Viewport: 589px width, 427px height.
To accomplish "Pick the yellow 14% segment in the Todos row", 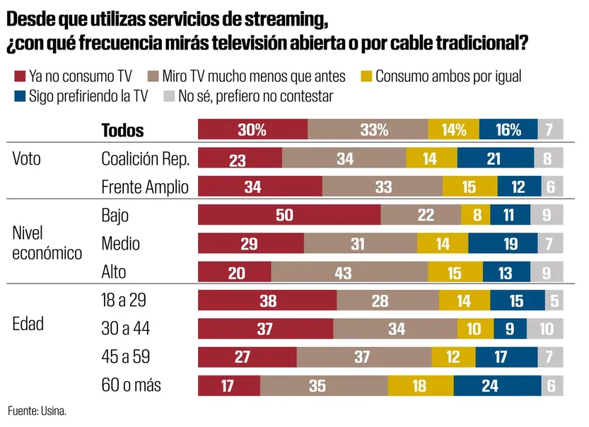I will click(x=453, y=129).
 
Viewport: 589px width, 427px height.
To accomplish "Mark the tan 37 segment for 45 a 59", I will click(x=362, y=357).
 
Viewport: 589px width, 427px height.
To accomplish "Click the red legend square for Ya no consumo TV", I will click(x=18, y=76).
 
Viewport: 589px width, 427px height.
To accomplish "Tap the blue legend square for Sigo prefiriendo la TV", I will click(x=18, y=96).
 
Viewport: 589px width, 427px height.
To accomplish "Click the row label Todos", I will click(x=122, y=130).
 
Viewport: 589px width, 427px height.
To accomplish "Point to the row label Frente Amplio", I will click(x=145, y=187).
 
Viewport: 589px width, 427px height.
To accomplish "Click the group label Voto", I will click(x=27, y=158).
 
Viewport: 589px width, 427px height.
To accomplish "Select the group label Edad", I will click(x=28, y=324).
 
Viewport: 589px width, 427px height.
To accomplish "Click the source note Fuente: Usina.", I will click(x=37, y=411).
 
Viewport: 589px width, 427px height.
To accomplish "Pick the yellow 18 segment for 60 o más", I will click(x=420, y=386).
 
